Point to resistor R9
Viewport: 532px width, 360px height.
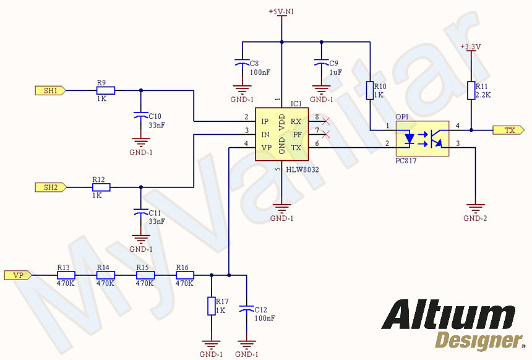point(106,90)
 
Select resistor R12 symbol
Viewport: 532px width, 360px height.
point(101,187)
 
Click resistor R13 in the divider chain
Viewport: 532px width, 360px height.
point(66,275)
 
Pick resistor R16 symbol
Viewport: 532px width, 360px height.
point(184,275)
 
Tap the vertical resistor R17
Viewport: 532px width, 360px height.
point(212,306)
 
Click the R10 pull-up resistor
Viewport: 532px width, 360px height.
point(370,91)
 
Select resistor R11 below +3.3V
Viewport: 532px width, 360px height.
point(471,90)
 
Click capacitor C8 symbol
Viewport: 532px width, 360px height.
point(241,63)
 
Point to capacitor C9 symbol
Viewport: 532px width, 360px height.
point(320,63)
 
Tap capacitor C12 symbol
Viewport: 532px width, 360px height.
point(247,308)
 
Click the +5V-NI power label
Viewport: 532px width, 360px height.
point(281,12)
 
